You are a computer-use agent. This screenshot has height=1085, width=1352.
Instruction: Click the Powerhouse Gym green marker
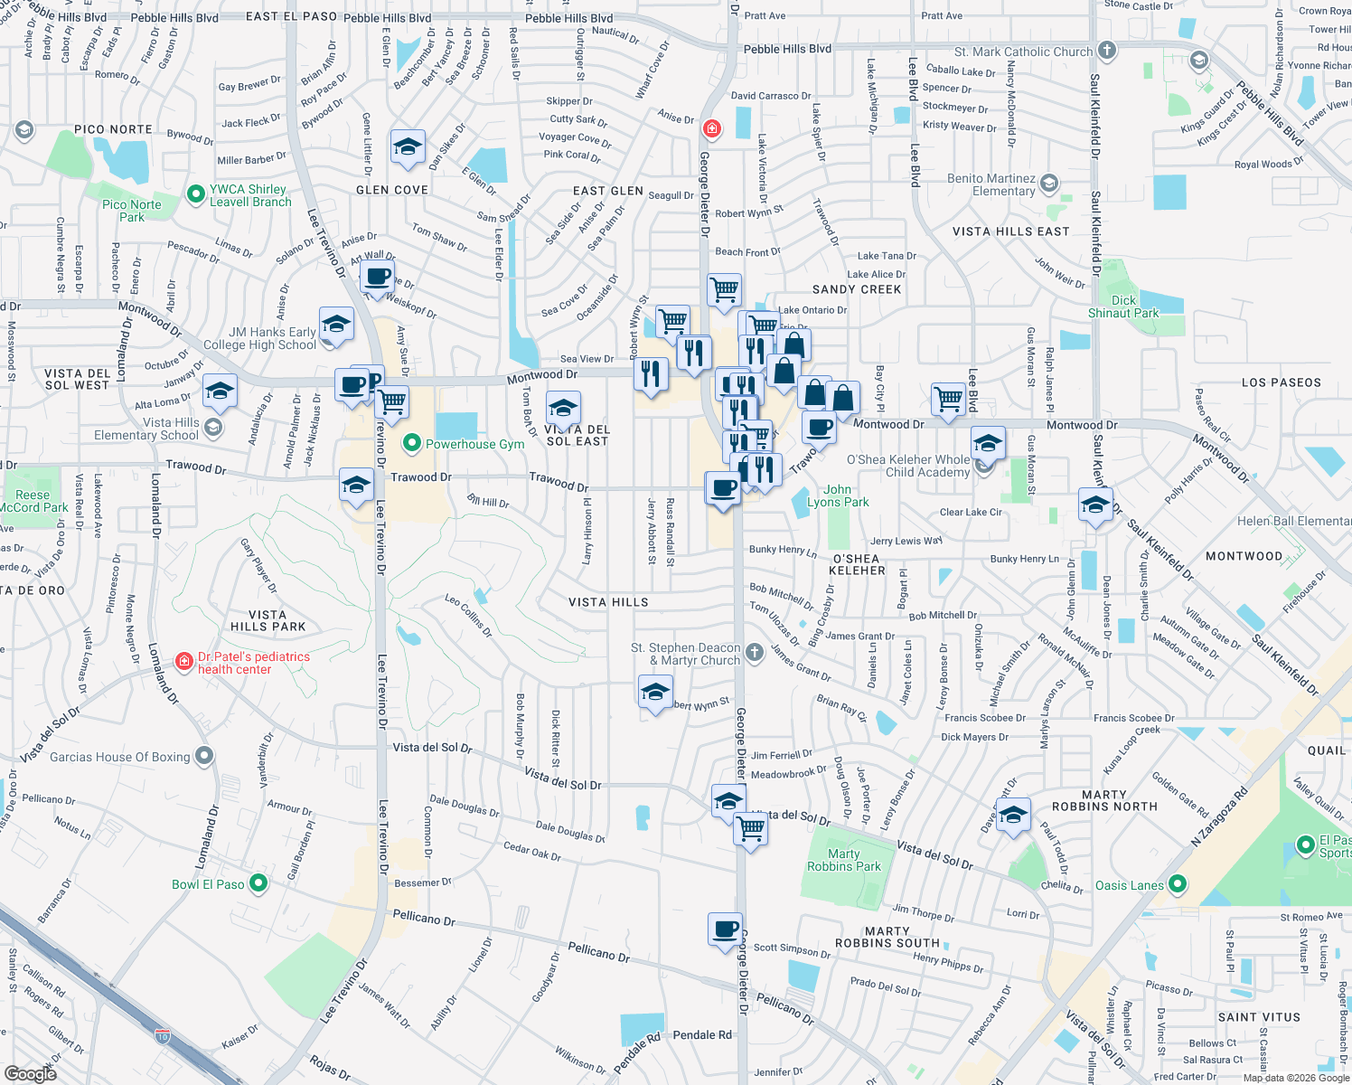[x=412, y=443]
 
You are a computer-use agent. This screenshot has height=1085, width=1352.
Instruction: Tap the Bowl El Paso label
[x=209, y=883]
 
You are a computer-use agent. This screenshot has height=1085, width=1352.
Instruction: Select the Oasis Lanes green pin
[x=1177, y=883]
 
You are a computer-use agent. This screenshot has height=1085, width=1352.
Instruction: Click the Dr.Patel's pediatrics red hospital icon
[x=184, y=662]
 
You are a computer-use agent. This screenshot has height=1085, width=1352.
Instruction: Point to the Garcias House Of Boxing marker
[x=204, y=756]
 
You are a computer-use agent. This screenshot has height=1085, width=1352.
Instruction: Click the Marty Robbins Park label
[x=843, y=860]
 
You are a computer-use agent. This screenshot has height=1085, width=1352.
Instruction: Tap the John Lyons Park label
[x=838, y=495]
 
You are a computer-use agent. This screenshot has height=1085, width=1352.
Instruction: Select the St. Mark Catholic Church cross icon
[x=1106, y=51]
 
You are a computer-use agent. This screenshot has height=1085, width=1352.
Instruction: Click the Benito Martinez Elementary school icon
[x=1048, y=183]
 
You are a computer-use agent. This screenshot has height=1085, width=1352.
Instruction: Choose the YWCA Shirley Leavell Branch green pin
[x=195, y=193]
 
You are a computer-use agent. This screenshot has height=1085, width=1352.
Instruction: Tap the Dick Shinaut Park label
[x=1123, y=307]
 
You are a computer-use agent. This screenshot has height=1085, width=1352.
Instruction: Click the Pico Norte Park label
[x=132, y=211]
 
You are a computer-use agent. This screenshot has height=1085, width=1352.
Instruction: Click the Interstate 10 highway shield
[x=163, y=1033]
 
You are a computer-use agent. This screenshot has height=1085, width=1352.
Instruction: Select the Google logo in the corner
[x=31, y=1073]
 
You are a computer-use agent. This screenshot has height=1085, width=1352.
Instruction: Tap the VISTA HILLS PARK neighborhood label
[x=268, y=620]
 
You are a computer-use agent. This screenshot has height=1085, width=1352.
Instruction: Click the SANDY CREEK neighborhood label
[x=857, y=289]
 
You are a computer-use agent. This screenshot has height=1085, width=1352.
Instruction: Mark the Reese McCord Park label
[x=33, y=501]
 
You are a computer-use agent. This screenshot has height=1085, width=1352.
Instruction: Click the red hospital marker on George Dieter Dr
[x=712, y=128]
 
